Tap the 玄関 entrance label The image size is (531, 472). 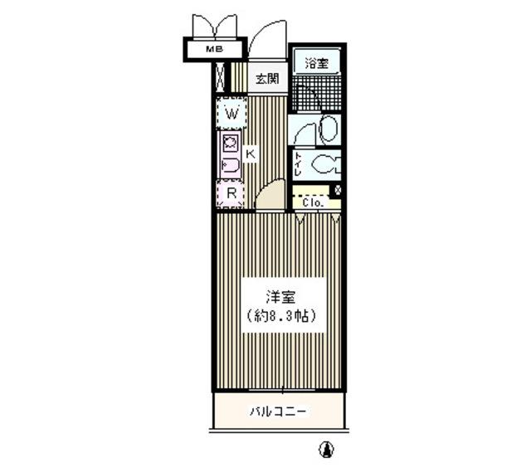tap(266, 80)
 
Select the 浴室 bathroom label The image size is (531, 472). tap(315, 63)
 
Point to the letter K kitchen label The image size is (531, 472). tap(250, 153)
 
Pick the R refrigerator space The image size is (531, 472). tap(232, 194)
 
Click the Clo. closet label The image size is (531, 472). tap(311, 202)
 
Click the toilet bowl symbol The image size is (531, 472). tap(329, 164)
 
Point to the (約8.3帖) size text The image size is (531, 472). tap(281, 316)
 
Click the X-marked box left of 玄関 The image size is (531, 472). tap(220, 76)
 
